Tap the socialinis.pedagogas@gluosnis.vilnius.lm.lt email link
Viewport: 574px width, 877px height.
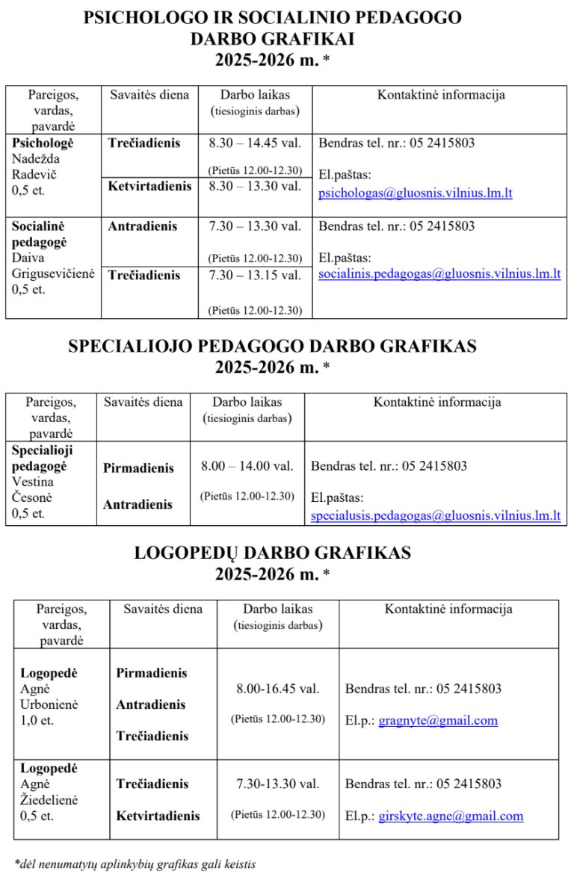[x=439, y=274]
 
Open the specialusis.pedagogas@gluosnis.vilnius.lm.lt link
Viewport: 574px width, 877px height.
[x=435, y=515]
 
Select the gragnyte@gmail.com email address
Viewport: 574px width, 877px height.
[x=438, y=721]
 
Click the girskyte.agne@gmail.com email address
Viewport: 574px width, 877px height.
[x=451, y=816]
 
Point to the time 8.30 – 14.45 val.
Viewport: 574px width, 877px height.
[x=255, y=143]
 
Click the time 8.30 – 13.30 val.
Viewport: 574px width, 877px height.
[x=255, y=186]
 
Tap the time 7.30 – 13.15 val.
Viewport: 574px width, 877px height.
[x=255, y=275]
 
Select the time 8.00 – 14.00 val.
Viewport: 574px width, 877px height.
[x=247, y=466]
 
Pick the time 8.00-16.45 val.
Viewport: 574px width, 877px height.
[x=278, y=689]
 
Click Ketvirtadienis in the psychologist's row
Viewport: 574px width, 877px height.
[x=149, y=186]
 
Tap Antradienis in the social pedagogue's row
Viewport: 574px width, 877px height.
[x=142, y=226]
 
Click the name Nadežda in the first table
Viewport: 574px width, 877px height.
[x=36, y=159]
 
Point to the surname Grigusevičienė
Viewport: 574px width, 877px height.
[x=53, y=274]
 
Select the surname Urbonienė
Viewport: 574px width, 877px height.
[x=49, y=704]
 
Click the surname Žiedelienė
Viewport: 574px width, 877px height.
[x=49, y=800]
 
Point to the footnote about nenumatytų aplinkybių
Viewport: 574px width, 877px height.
[x=135, y=864]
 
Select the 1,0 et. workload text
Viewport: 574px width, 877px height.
[x=37, y=721]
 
